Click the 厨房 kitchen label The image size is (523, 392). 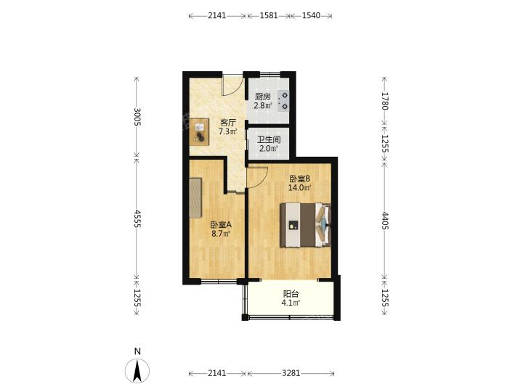point(262,97)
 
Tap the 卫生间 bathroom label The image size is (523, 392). point(269,139)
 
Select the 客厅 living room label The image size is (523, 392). point(228,123)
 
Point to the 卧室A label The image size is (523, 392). point(221,224)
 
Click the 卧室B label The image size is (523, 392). point(299,179)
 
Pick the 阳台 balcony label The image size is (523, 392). point(291,294)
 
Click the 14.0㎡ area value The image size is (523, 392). point(299,188)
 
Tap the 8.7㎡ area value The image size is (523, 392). point(221,234)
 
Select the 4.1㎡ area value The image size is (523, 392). point(291,303)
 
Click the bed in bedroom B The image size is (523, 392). point(306,225)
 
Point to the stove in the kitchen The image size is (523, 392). point(283,101)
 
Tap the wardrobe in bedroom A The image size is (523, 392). point(195,197)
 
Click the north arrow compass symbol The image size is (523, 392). point(137,371)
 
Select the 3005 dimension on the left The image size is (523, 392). point(137,117)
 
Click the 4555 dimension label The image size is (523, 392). point(137,219)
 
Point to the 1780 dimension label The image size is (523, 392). point(385,101)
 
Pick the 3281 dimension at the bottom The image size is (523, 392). point(291,373)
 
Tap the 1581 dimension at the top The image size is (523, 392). point(269,15)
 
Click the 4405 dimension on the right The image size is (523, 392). point(385,221)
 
